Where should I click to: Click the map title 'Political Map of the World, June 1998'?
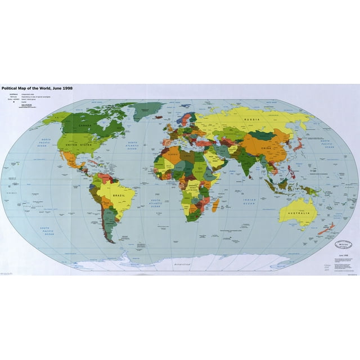pyautogui.click(x=37, y=88)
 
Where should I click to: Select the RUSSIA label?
pyautogui.click(x=250, y=119)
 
